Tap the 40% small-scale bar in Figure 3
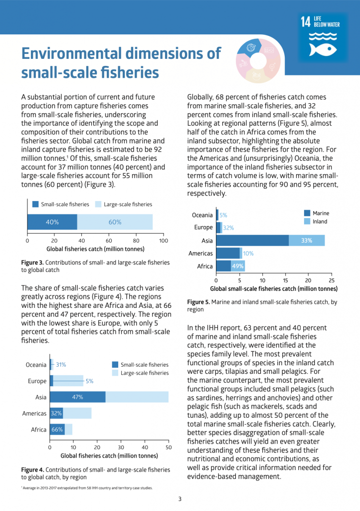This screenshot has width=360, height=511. click(x=52, y=222)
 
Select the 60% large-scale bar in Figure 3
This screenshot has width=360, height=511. click(x=115, y=222)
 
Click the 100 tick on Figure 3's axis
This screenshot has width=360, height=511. click(x=163, y=240)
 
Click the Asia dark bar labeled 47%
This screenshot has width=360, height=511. click(x=77, y=397)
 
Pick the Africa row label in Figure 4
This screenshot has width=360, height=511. click(x=38, y=430)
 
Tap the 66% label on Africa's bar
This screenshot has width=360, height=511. click(x=57, y=430)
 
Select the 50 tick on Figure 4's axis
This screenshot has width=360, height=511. click(x=169, y=448)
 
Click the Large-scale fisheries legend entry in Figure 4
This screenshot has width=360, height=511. click(x=145, y=373)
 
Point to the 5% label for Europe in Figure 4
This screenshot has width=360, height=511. click(x=89, y=381)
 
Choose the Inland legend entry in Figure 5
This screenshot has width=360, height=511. click(x=320, y=221)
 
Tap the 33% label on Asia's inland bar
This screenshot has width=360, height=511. click(x=306, y=241)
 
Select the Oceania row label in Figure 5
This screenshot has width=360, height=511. click(x=202, y=215)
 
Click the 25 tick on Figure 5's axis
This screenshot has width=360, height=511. click(x=331, y=280)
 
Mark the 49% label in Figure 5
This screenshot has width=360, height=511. click(x=238, y=266)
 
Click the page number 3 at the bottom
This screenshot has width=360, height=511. click(x=180, y=499)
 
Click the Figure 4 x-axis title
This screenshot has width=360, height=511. click(x=109, y=456)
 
